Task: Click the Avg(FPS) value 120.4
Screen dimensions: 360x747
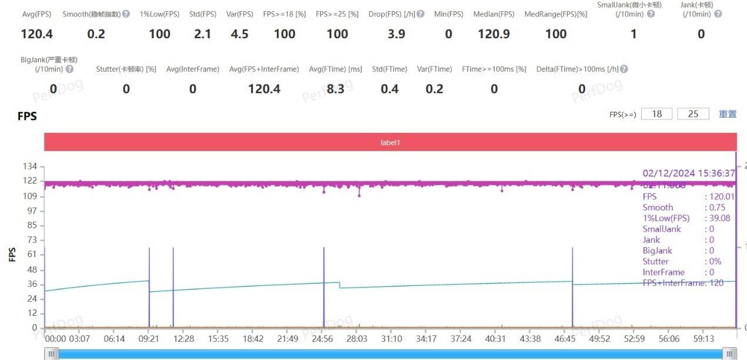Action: coord(36,34)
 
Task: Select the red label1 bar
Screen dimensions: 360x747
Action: coord(390,142)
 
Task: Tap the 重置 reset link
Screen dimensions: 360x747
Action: coord(728,114)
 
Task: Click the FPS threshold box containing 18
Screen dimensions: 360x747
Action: coord(656,114)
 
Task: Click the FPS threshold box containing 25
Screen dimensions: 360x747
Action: coord(693,114)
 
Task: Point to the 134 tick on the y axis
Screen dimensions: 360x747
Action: coord(29,166)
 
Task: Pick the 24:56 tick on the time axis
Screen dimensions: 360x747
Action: coord(322,339)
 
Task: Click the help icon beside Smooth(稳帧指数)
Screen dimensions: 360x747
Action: coord(125,14)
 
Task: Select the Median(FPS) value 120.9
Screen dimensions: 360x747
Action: coord(493,34)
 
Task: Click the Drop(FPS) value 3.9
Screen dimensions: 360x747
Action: coord(396,34)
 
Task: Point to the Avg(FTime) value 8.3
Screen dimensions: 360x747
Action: coord(335,89)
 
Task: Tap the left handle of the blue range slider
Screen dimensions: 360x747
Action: coord(52,354)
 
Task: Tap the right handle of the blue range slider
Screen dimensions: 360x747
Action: coord(730,354)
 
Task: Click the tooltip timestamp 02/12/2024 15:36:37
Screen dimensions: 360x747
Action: coord(689,174)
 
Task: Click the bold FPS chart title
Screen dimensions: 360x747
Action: coord(27,116)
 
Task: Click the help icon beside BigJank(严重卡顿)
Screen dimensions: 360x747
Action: coord(69,69)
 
